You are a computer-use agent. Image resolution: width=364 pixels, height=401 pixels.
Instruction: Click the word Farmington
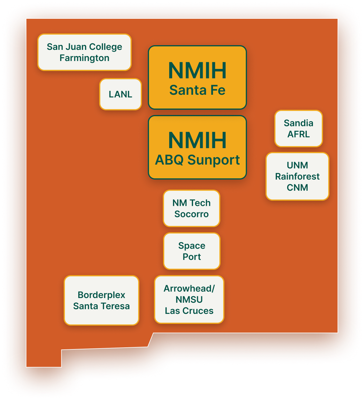pos(84,58)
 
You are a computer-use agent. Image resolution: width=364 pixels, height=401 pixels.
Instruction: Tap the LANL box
pos(121,94)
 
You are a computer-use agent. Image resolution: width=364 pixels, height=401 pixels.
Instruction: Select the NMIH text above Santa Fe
pos(197,71)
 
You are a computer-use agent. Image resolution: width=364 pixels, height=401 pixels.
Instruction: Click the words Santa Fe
pos(197,90)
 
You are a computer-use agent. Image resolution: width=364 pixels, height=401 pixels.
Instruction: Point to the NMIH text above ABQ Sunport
pos(197,141)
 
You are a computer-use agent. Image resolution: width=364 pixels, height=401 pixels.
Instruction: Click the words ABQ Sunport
pos(197,160)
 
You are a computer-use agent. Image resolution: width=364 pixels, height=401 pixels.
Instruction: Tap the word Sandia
pos(299,123)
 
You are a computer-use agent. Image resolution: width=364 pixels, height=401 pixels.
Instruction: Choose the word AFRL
pos(299,134)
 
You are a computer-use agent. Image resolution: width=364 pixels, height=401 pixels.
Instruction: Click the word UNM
pos(297,165)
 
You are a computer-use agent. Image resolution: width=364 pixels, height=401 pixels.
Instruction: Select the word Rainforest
pos(297,176)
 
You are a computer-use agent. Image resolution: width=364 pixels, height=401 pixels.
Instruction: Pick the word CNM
pos(297,187)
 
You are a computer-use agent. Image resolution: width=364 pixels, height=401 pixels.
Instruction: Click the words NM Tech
pos(192,203)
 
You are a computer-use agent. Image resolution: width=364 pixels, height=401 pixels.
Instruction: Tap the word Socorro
pos(192,214)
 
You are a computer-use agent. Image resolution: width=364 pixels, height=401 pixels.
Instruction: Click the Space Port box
pos(192,251)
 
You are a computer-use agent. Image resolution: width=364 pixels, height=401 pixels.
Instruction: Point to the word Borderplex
pos(101,295)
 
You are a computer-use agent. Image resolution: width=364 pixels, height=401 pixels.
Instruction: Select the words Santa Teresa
pos(101,306)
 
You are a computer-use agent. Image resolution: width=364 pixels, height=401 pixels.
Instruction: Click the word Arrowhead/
pos(189,288)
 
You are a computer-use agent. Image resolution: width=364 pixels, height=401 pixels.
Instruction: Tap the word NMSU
pos(189,300)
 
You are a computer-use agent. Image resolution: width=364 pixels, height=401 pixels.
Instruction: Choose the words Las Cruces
pos(189,311)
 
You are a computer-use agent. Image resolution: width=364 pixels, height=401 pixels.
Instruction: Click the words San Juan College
pos(84,47)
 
